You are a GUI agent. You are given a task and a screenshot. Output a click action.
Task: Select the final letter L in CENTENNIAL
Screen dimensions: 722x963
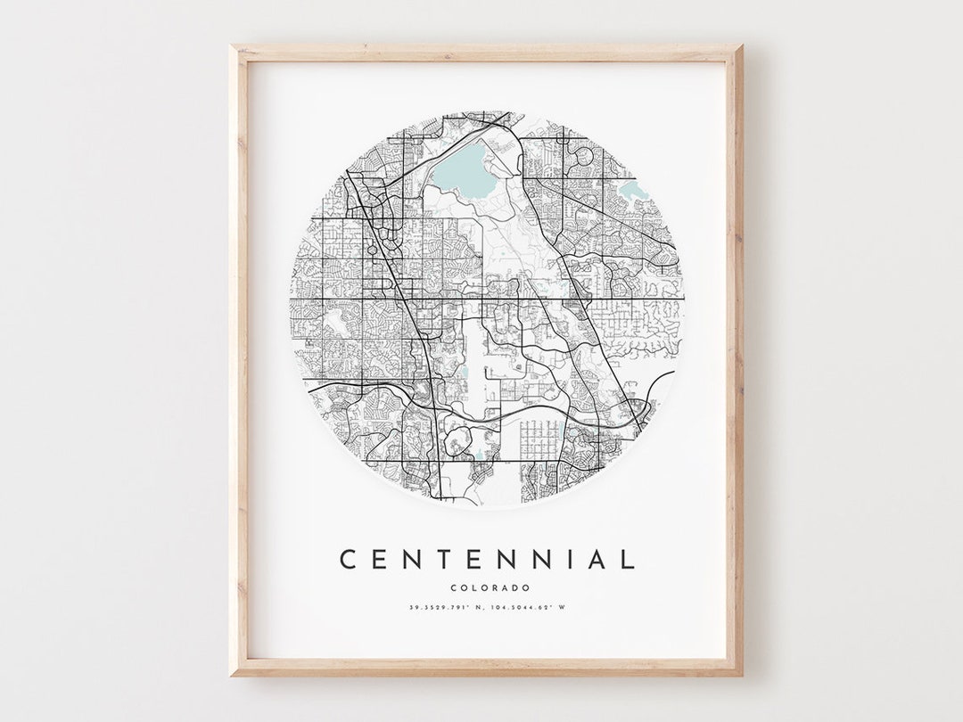point(628,560)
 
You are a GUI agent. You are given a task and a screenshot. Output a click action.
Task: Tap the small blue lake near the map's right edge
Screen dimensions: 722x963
point(632,190)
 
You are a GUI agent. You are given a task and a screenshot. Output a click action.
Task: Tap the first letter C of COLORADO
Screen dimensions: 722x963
point(454,587)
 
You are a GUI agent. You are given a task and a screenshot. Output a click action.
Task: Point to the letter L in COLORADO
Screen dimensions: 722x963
point(473,587)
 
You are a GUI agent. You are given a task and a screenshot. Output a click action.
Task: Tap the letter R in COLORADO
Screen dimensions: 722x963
point(495,587)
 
